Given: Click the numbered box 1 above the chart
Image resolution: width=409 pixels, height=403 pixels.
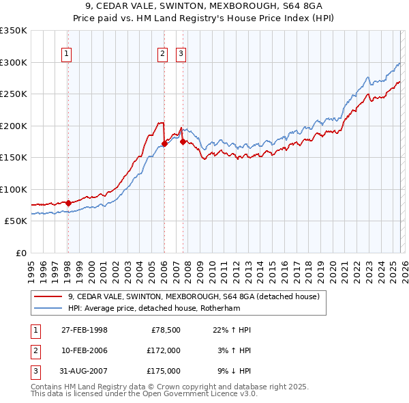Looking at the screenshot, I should [67, 55].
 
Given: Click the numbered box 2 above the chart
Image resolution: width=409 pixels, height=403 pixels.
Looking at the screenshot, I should [163, 55].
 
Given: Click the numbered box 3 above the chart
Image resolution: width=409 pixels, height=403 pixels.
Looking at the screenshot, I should [181, 55].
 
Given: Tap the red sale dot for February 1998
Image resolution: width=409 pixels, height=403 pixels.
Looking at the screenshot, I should [68, 203].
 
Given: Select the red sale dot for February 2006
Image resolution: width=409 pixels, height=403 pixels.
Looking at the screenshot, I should [164, 143].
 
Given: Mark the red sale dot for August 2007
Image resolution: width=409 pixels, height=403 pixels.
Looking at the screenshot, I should [183, 142].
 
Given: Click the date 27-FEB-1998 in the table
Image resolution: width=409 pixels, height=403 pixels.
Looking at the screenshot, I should [84, 330].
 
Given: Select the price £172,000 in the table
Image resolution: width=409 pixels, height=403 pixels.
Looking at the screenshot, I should [164, 350].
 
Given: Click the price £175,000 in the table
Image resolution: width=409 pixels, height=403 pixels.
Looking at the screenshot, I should [164, 371].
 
